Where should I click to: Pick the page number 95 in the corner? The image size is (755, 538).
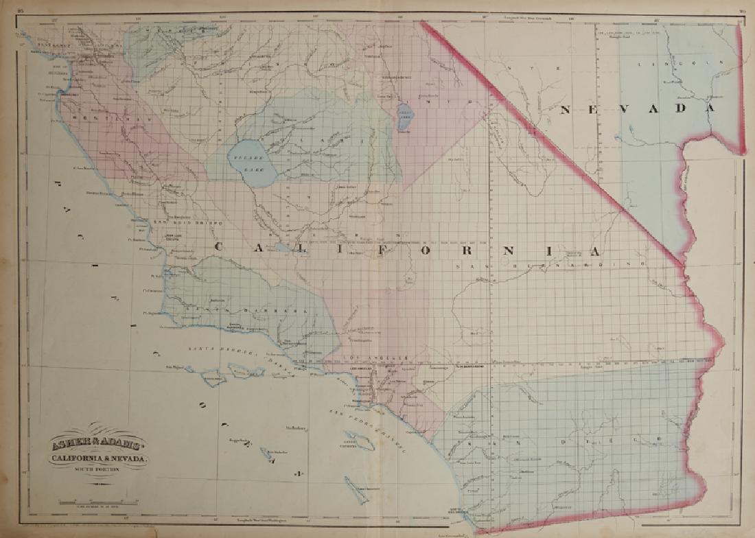pyautogui.click(x=21, y=10)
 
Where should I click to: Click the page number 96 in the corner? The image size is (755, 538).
pyautogui.click(x=742, y=10)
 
